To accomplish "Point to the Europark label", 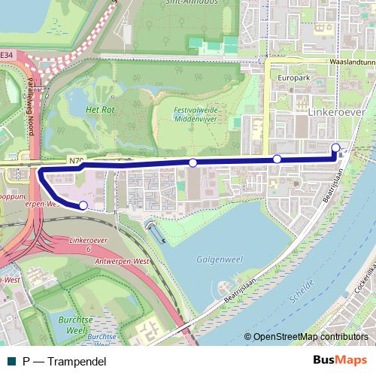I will [x=293, y=77].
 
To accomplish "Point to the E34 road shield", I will [x=7, y=55].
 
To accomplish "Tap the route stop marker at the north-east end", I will [x=335, y=147].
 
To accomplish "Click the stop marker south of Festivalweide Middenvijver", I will [x=193, y=163].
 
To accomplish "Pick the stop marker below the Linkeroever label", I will [x=277, y=159].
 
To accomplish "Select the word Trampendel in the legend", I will [x=77, y=362].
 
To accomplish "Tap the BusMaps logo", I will [x=340, y=361].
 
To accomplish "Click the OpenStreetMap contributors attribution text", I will [x=310, y=337].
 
